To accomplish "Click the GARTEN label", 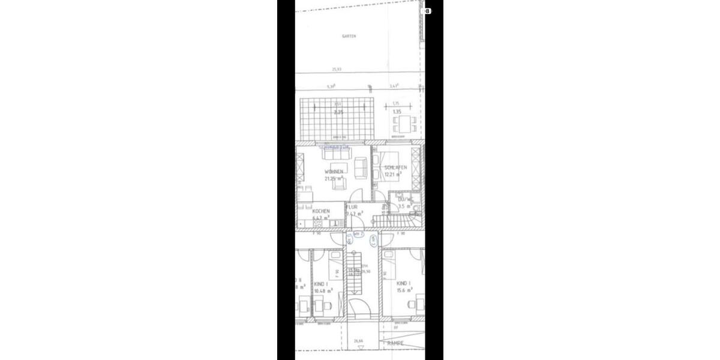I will pyautogui.click(x=349, y=36).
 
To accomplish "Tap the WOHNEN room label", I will pyautogui.click(x=334, y=172).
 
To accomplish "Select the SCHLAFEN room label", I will pyautogui.click(x=395, y=167).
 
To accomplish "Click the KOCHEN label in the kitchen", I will pyautogui.click(x=321, y=211).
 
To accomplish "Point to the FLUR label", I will pyautogui.click(x=352, y=207).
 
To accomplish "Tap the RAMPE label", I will pyautogui.click(x=395, y=343).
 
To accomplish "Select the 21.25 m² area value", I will pyautogui.click(x=334, y=178).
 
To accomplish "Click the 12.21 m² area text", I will pyautogui.click(x=393, y=175).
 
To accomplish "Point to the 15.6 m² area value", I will pyautogui.click(x=405, y=290).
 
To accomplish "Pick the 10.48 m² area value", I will pyautogui.click(x=323, y=290).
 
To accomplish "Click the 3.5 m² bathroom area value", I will pyautogui.click(x=404, y=206).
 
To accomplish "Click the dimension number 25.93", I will pyautogui.click(x=337, y=69).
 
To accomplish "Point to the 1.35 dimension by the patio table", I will pyautogui.click(x=397, y=112).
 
